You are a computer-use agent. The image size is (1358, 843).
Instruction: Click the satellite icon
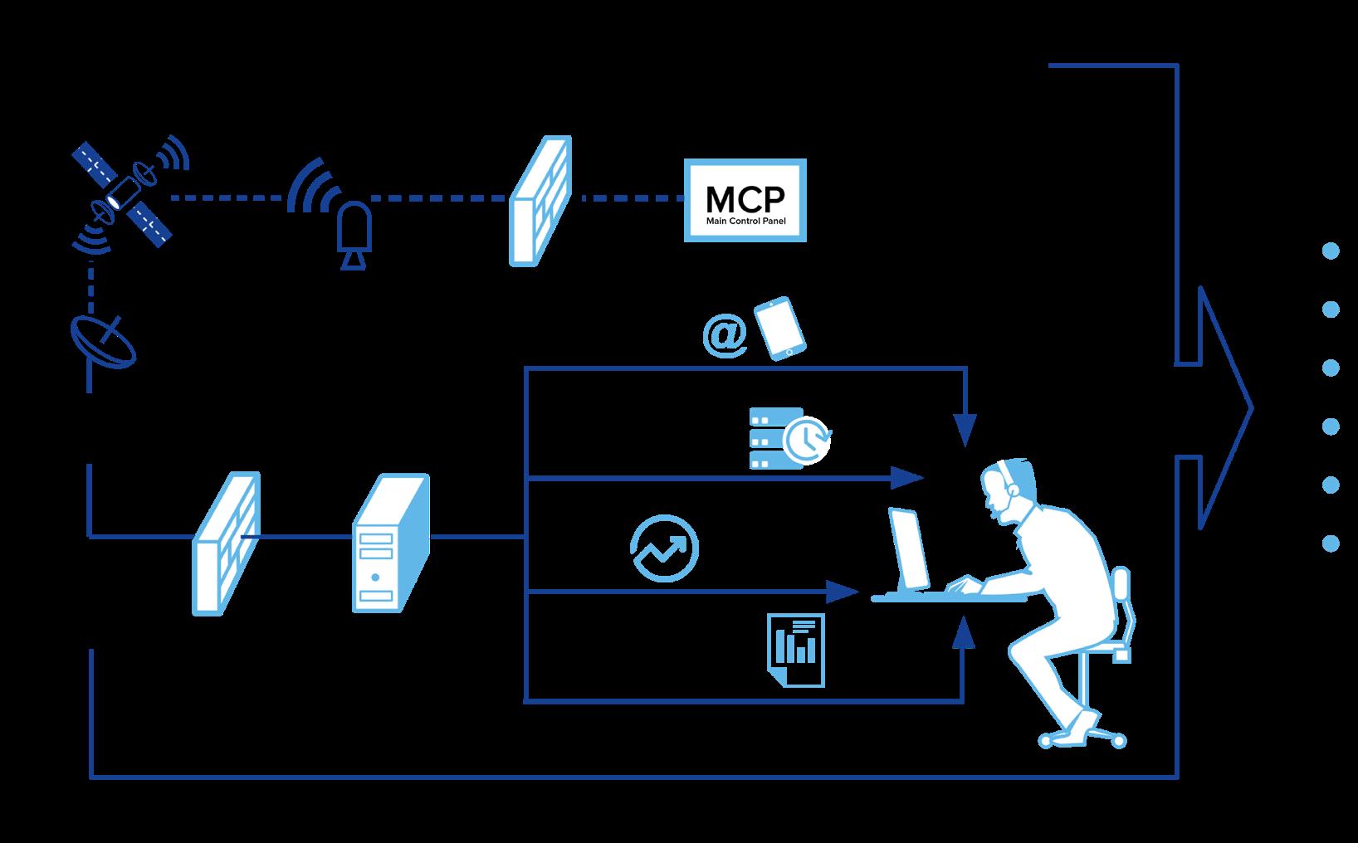pos(125,193)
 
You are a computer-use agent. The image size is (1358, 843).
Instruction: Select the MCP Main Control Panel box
pos(745,201)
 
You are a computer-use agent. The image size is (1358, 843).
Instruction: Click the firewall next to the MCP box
pos(540,202)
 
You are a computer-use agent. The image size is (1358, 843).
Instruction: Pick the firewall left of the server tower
pos(225,543)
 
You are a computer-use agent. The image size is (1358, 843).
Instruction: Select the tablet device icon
pos(779,329)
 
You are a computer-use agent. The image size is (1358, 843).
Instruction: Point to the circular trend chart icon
pos(664,548)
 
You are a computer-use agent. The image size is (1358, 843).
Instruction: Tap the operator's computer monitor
pos(910,548)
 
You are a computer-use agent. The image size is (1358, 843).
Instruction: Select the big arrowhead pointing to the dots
pos(1224,408)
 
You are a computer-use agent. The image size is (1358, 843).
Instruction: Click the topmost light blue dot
pos(1330,251)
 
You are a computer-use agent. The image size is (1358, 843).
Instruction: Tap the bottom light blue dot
pos(1330,543)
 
